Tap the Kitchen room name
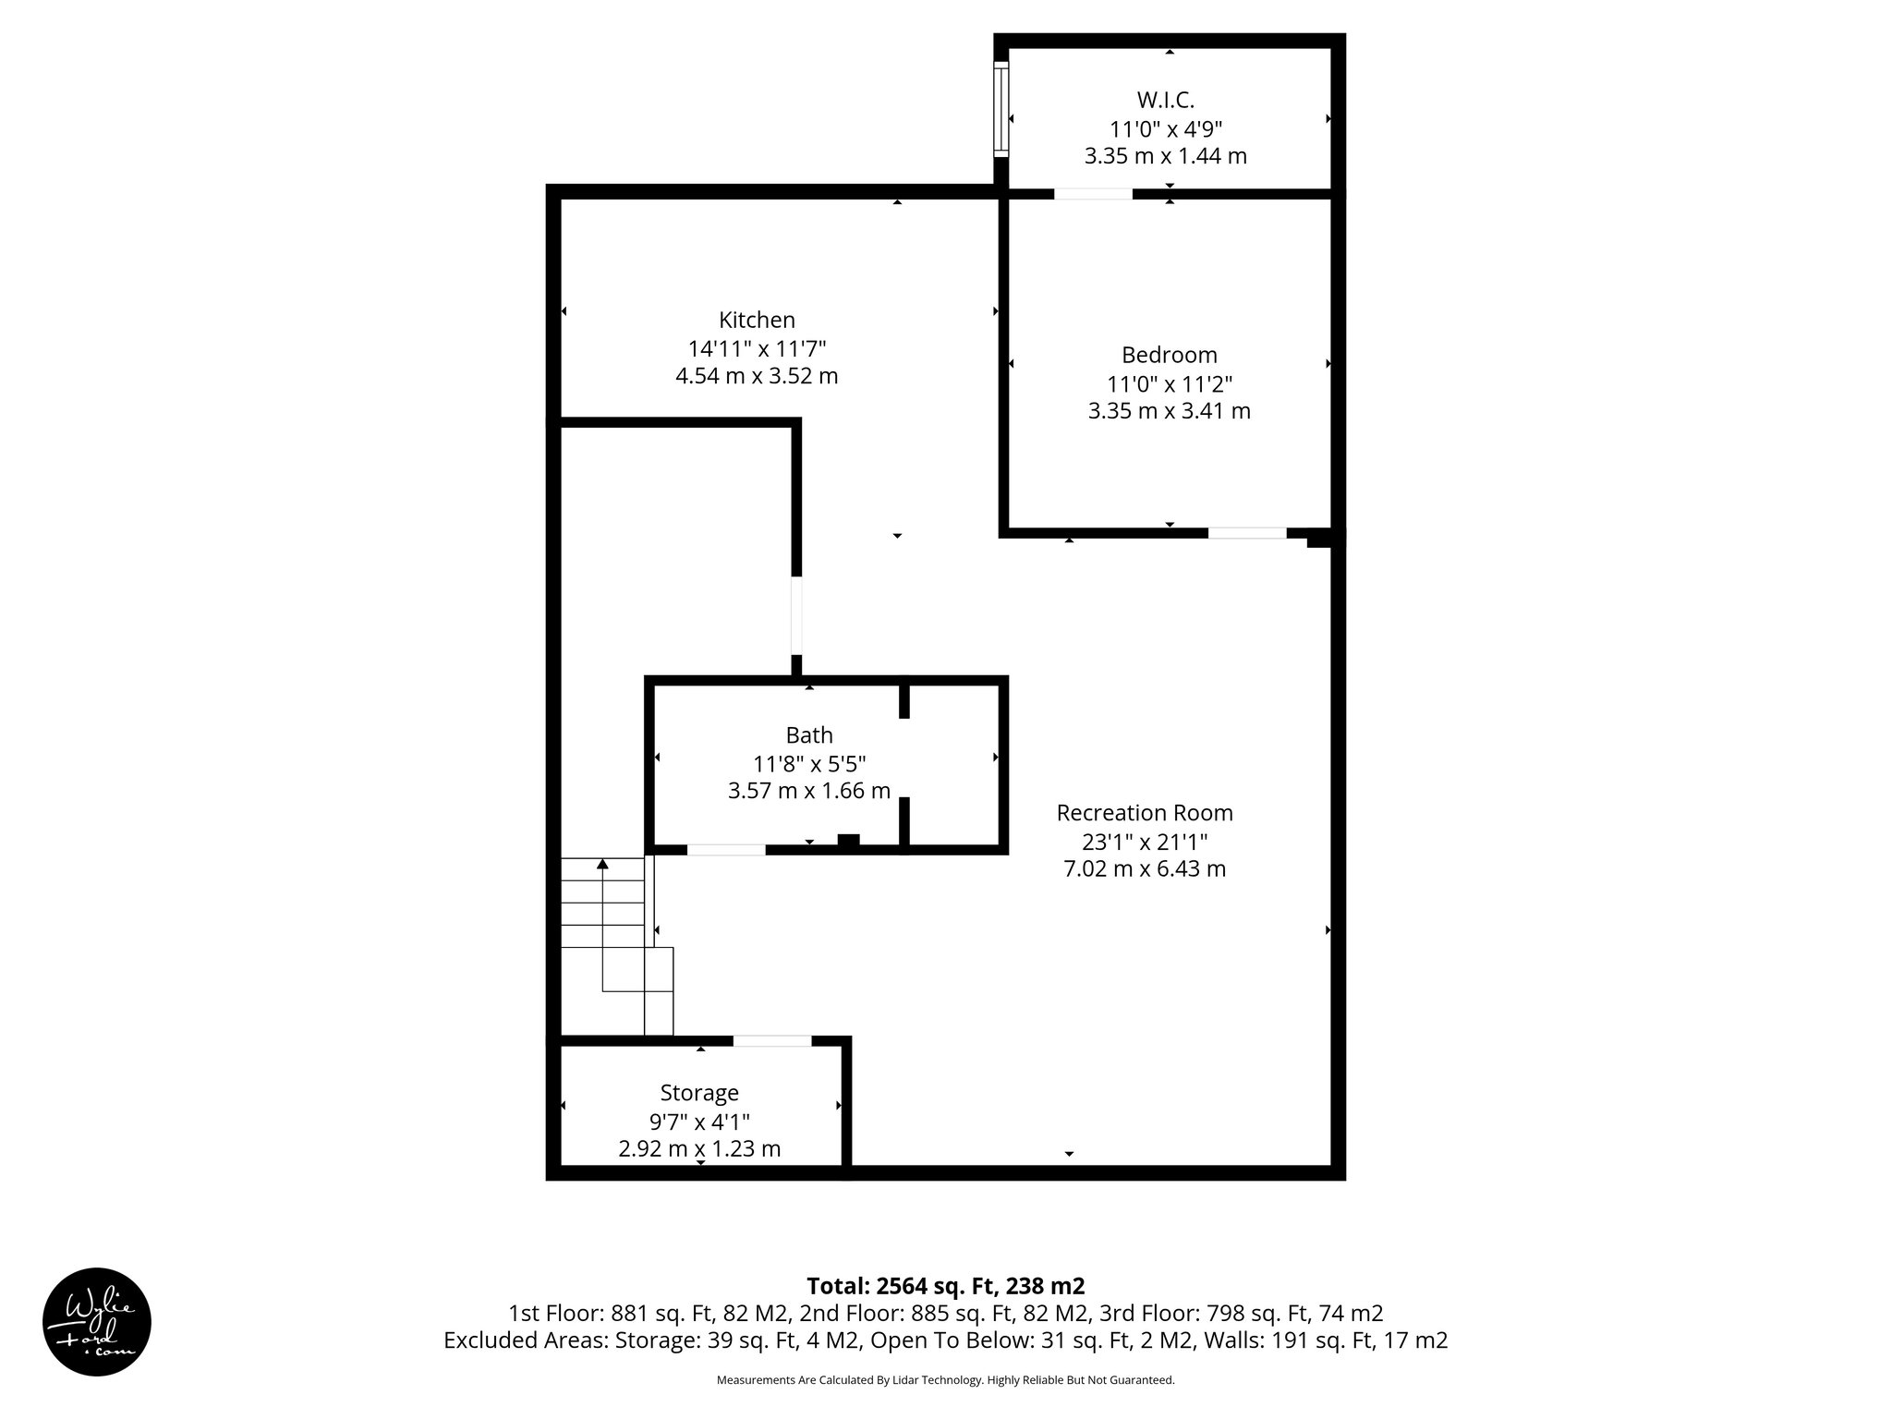point(757,320)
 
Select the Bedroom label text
point(1169,355)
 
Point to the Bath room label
point(809,735)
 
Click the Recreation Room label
point(1145,813)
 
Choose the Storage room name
point(699,1093)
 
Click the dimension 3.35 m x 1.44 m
point(1166,156)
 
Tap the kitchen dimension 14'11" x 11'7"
point(757,348)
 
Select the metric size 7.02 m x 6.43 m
point(1145,869)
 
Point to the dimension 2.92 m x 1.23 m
point(699,1149)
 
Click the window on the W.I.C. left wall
point(1001,108)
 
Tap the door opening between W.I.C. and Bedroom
point(1093,194)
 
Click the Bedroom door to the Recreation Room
point(1246,533)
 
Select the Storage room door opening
point(772,1041)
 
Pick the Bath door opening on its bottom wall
point(726,850)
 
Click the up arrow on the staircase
point(602,865)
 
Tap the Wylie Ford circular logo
point(97,1322)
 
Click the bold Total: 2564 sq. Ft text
point(945,1286)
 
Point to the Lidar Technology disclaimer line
point(945,1380)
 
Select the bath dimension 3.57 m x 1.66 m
point(809,791)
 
